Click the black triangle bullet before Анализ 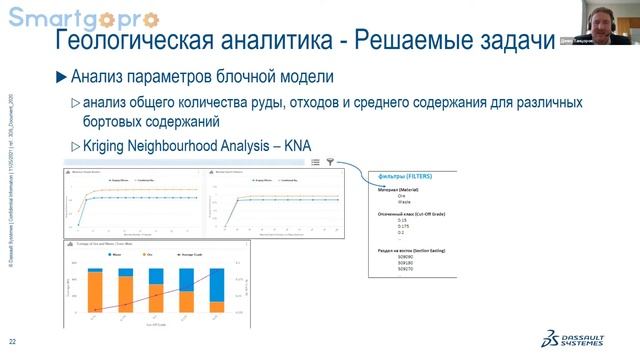click(61, 78)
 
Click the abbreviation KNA click(300, 146)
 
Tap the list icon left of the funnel click(315, 161)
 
